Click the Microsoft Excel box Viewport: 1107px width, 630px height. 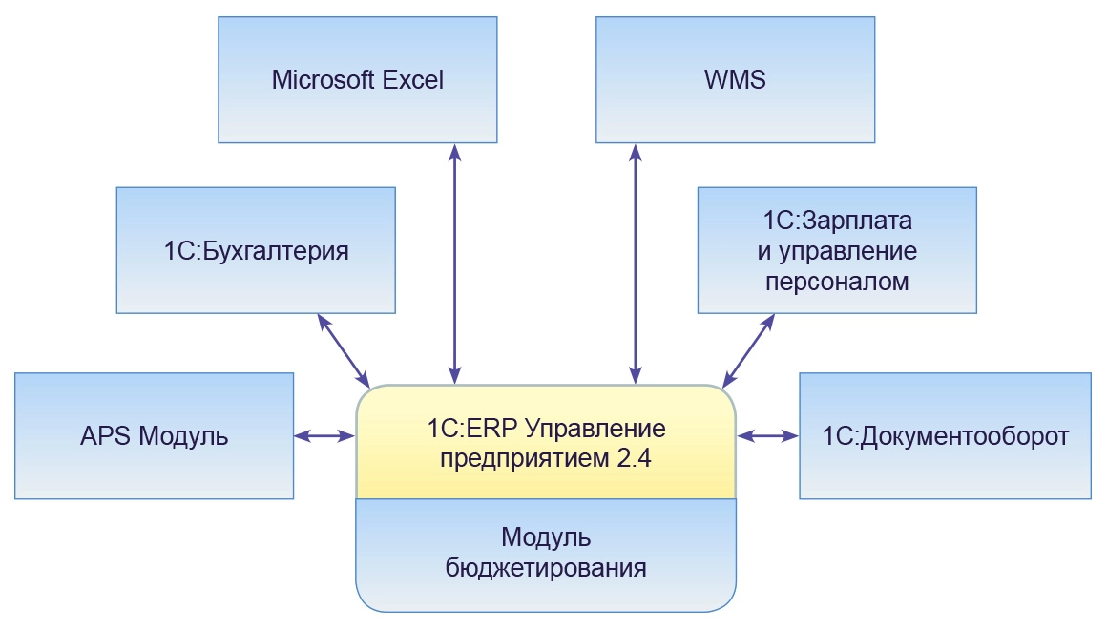coord(358,80)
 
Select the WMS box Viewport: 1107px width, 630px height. coord(735,80)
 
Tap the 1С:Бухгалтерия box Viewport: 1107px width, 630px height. coord(256,250)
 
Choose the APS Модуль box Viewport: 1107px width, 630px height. coord(154,436)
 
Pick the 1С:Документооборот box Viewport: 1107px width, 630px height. coord(945,436)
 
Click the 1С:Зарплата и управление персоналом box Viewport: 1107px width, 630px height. coord(837,250)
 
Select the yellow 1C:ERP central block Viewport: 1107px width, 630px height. coord(546,441)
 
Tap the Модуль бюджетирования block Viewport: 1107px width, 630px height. coord(546,554)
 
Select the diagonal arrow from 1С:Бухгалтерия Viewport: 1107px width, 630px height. coord(344,347)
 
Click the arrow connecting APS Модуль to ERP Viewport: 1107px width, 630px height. coord(324,436)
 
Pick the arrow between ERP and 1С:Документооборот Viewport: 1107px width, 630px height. coord(769,436)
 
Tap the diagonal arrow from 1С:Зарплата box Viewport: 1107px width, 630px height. coord(748,349)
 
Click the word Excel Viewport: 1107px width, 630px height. coord(413,80)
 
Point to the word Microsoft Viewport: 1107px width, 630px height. coord(323,80)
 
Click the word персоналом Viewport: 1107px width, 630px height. coord(837,283)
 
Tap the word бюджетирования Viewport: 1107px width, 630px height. coord(546,569)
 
